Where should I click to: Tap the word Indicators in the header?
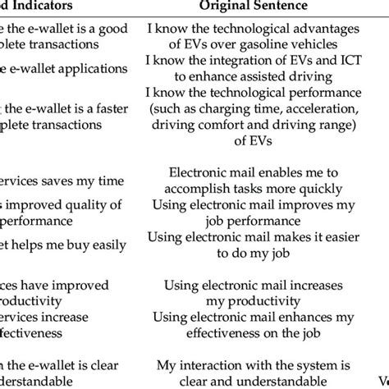56,7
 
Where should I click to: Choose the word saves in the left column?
58,175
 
